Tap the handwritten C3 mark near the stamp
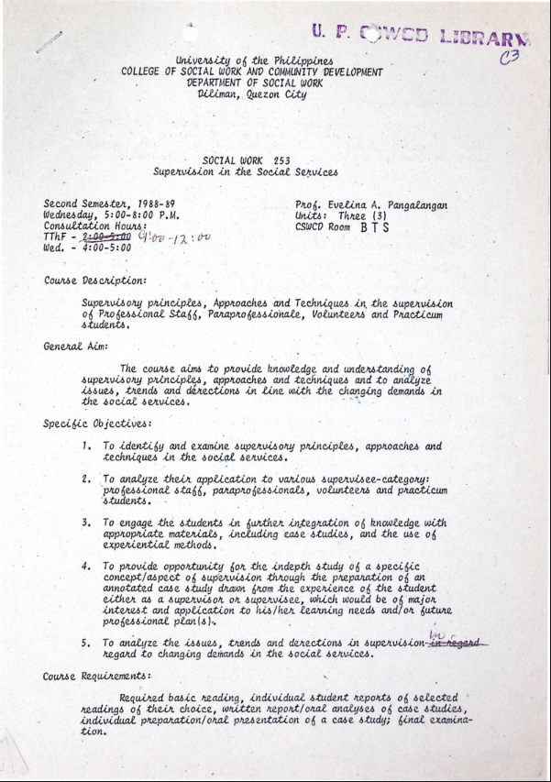point(510,58)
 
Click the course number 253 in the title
point(281,160)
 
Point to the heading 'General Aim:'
point(76,347)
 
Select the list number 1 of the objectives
point(85,446)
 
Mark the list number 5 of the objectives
point(85,643)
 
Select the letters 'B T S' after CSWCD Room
point(376,226)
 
